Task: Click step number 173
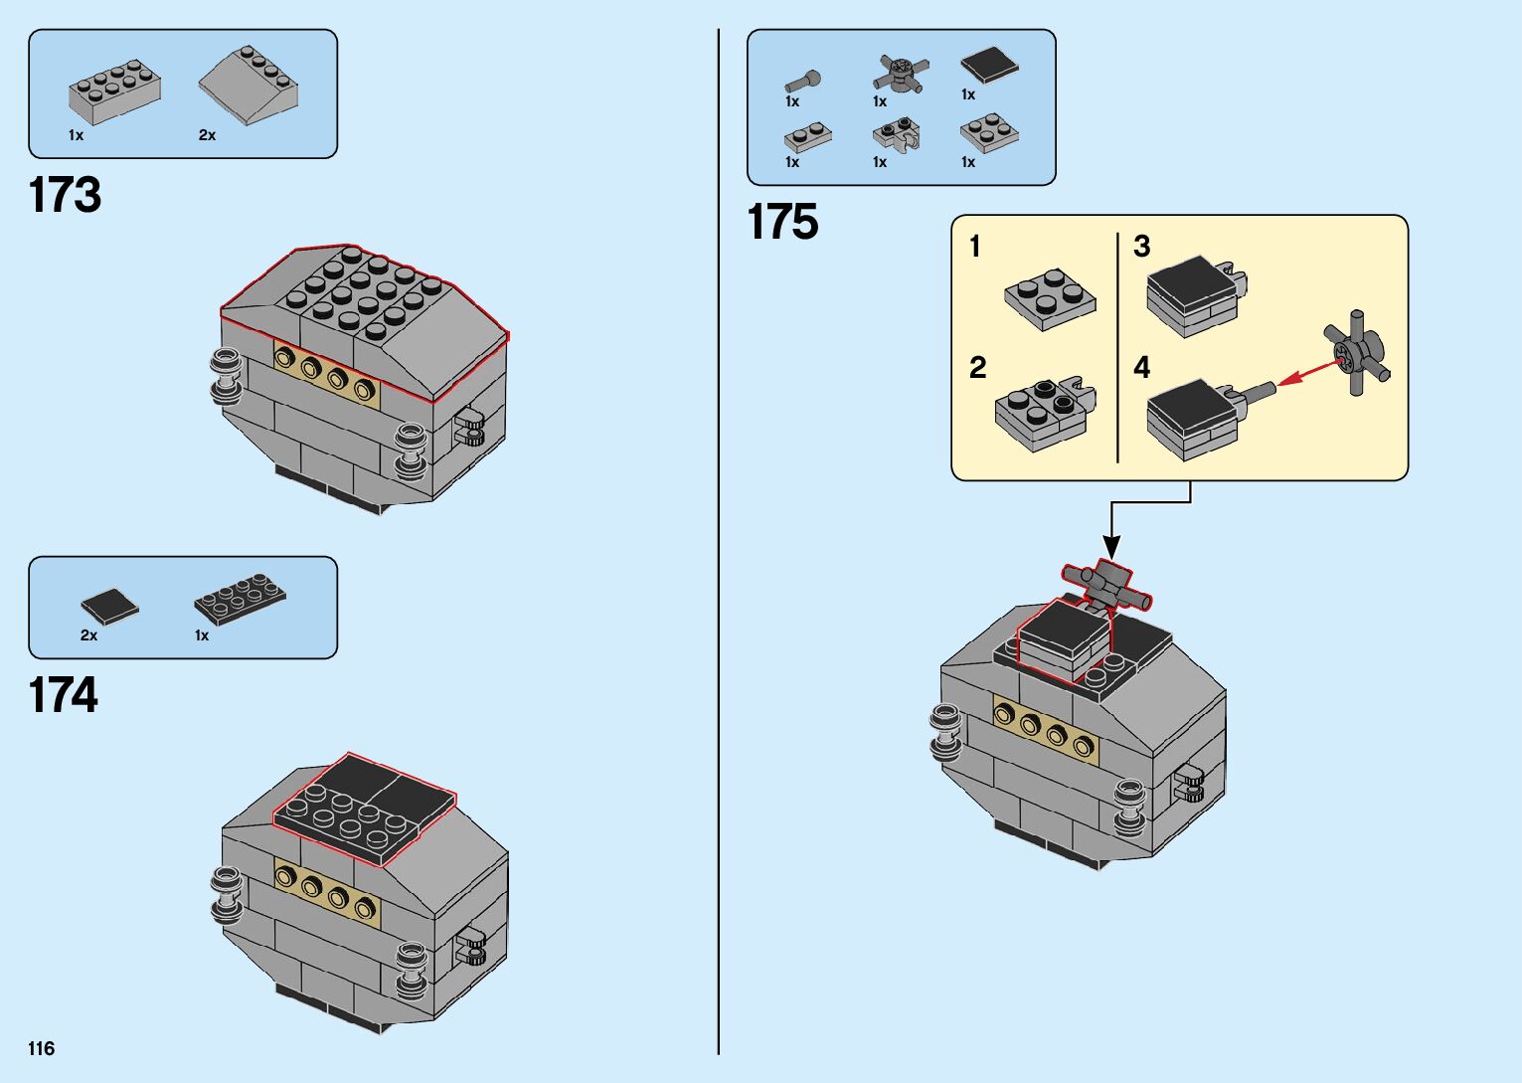(x=65, y=195)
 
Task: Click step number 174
(x=64, y=695)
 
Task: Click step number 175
(x=782, y=222)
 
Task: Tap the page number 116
(x=42, y=1048)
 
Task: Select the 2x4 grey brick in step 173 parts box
(x=114, y=90)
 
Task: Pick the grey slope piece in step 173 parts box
(x=250, y=85)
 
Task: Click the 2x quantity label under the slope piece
(x=207, y=135)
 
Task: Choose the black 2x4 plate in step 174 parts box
(x=240, y=599)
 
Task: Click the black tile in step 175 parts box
(x=989, y=66)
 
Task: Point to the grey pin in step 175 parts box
(x=802, y=80)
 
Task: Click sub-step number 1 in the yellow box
(x=975, y=246)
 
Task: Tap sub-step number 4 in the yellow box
(x=1141, y=368)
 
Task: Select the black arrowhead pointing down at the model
(x=1111, y=546)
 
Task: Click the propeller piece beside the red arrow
(x=1356, y=353)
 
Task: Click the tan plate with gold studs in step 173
(x=327, y=374)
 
